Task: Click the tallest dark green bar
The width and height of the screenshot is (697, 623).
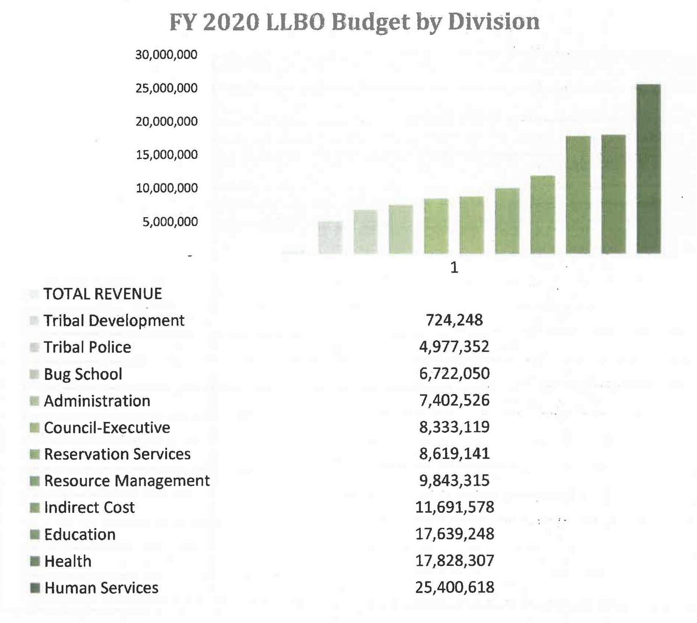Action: (649, 169)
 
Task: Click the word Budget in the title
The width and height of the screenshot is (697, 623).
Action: (371, 22)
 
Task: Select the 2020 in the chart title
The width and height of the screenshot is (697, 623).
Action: (231, 22)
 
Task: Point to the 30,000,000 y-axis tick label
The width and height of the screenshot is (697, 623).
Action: (166, 55)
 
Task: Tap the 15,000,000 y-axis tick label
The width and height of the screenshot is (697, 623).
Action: (167, 155)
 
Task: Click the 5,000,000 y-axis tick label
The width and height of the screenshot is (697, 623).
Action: (170, 222)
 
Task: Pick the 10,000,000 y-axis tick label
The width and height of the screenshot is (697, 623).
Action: (167, 188)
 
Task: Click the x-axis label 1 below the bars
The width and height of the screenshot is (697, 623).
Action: (454, 268)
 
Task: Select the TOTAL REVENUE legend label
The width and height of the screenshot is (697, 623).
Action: (103, 294)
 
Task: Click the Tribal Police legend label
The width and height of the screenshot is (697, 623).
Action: (87, 347)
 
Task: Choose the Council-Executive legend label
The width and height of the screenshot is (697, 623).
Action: (107, 428)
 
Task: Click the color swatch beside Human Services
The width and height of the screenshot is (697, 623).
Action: (35, 588)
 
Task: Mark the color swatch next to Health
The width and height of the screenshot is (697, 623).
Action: (35, 561)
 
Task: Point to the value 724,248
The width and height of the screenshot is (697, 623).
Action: (454, 320)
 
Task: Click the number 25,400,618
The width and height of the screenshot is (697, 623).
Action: (455, 587)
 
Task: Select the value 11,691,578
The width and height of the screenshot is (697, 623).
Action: (455, 507)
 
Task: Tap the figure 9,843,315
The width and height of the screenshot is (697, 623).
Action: (454, 480)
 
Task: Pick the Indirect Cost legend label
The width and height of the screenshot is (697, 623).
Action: (89, 508)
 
